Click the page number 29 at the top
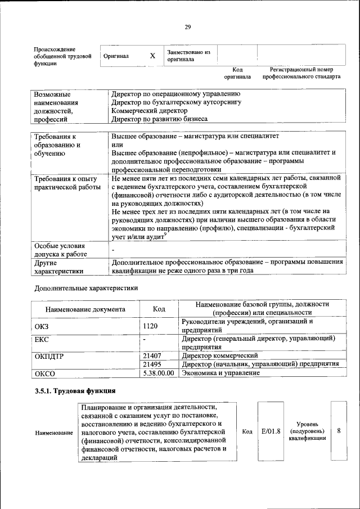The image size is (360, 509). (187, 26)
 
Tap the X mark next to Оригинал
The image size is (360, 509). (152, 56)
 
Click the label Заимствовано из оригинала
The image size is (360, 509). (188, 56)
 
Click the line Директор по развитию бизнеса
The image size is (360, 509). (159, 119)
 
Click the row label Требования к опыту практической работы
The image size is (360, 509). (67, 183)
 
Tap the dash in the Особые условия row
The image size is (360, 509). (113, 249)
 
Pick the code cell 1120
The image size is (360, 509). (150, 326)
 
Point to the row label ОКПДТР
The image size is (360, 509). (51, 356)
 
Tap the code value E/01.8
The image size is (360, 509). (271, 431)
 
